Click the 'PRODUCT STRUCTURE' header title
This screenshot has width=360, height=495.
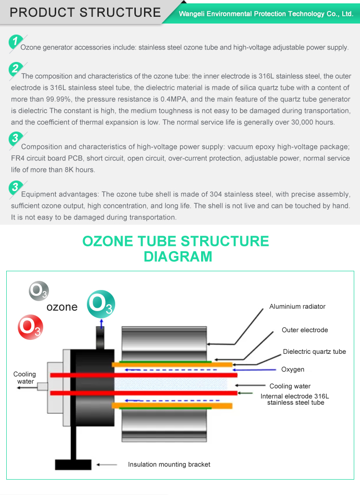click(x=85, y=12)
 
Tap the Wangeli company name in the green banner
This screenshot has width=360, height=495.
click(x=266, y=14)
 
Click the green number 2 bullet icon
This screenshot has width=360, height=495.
click(x=15, y=69)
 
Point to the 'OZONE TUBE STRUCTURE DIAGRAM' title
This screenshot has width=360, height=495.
click(x=176, y=248)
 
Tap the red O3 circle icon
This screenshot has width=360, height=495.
click(x=30, y=327)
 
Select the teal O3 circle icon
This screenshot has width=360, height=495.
click(x=101, y=303)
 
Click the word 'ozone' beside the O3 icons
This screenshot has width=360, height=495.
click(x=62, y=307)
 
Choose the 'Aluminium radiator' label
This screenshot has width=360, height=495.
click(x=297, y=306)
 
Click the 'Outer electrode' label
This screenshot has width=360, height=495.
click(x=305, y=330)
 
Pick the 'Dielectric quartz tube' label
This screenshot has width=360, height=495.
click(x=314, y=351)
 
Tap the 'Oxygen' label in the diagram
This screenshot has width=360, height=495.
click(x=292, y=369)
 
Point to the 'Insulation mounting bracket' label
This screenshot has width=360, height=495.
click(x=169, y=464)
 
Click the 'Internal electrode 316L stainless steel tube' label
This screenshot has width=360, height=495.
click(x=295, y=399)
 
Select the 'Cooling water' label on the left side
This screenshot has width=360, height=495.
click(x=24, y=378)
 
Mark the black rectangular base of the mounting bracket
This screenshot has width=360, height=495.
click(x=73, y=464)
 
